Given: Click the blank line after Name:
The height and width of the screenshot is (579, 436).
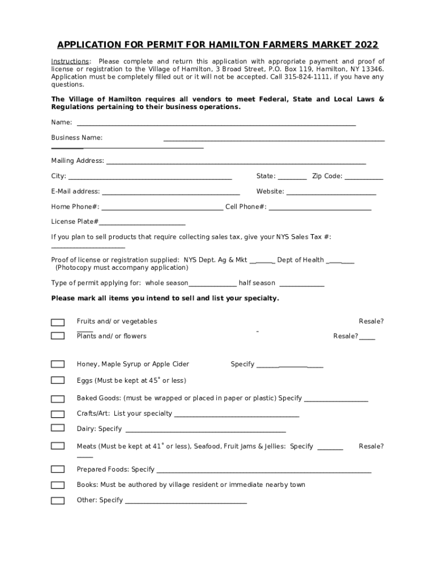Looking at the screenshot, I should point(216,123).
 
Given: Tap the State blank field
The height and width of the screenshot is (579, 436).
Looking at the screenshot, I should point(292,178).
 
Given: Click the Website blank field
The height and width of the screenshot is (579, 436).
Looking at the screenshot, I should point(331,193).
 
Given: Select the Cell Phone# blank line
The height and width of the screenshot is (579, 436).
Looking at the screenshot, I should point(320,208).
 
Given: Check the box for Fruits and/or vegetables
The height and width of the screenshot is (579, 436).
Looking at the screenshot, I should point(58,322).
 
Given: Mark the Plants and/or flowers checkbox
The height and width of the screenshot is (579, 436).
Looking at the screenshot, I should point(58,336).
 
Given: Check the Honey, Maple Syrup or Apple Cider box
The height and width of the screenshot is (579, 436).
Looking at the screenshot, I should point(58,364).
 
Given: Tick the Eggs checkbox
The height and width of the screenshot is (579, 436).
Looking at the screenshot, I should point(58,381).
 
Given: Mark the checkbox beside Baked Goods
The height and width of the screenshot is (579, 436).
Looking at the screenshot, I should point(58,399).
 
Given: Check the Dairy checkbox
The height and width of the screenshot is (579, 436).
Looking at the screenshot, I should point(58,429).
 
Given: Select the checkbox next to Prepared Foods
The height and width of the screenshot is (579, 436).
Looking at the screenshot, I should point(58,469).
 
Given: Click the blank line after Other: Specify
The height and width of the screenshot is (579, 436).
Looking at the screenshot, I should point(186,502).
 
